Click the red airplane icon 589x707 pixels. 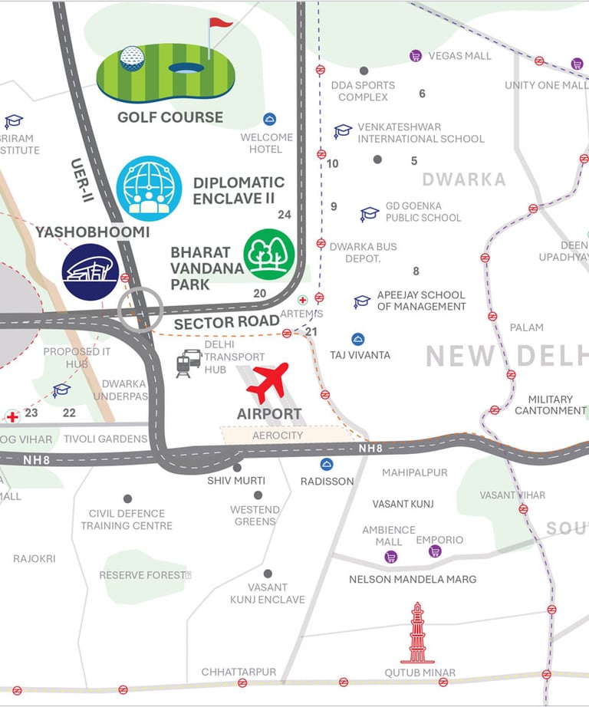[x=271, y=382]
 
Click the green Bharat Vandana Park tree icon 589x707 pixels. [x=269, y=255]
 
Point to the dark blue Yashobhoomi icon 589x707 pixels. [x=90, y=272]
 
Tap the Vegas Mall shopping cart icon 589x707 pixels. [x=416, y=55]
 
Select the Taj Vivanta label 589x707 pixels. [x=360, y=355]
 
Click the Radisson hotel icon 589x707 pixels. [x=327, y=464]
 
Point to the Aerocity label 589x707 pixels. [x=278, y=435]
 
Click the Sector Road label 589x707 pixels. [x=226, y=323]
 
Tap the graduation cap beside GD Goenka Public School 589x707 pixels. [x=370, y=214]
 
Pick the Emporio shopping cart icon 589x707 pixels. [x=436, y=551]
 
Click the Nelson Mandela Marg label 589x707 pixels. [x=413, y=579]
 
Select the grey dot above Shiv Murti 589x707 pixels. [x=237, y=467]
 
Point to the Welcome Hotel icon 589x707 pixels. [x=269, y=119]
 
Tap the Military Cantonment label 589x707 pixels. [x=550, y=405]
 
